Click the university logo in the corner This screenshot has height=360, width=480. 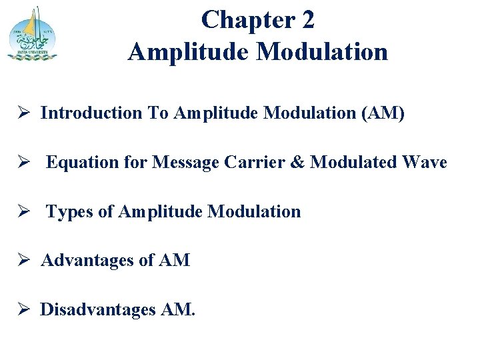click(32, 33)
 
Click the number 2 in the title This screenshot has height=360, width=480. click(307, 20)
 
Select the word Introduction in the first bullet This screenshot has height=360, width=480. click(91, 113)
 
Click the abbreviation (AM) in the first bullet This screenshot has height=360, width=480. click(382, 113)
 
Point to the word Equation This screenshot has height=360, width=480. click(77, 163)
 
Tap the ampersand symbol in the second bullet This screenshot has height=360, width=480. click(298, 163)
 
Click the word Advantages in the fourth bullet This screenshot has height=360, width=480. click(88, 261)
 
